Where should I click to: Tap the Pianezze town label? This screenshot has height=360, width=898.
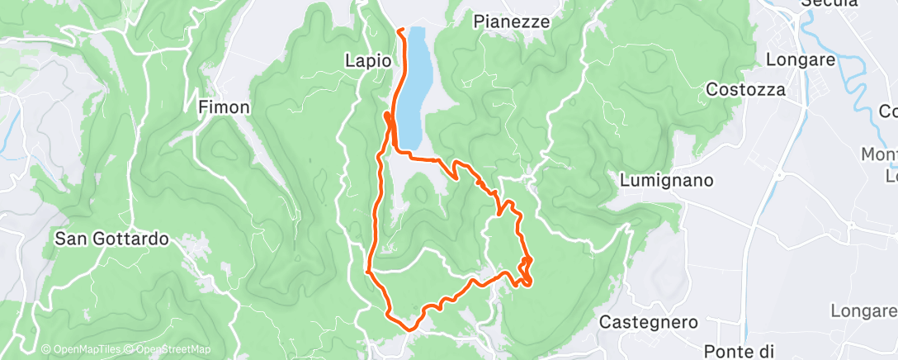coord(512,22)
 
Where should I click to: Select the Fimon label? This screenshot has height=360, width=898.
coord(224,107)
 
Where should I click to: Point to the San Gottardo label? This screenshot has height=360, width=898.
coord(111,239)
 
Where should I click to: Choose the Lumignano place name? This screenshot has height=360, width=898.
coord(666,180)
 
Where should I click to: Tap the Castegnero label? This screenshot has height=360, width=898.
coord(649,321)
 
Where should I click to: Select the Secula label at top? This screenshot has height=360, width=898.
coord(830,4)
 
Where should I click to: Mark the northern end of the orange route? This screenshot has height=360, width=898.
coord(400,30)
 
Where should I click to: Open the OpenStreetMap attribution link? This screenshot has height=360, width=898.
coord(168,350)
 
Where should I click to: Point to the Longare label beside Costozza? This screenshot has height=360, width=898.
coord(801,59)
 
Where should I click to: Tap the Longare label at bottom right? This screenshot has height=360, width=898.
coord(863,310)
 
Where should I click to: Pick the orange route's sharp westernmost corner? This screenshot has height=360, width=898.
coord(366,270)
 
